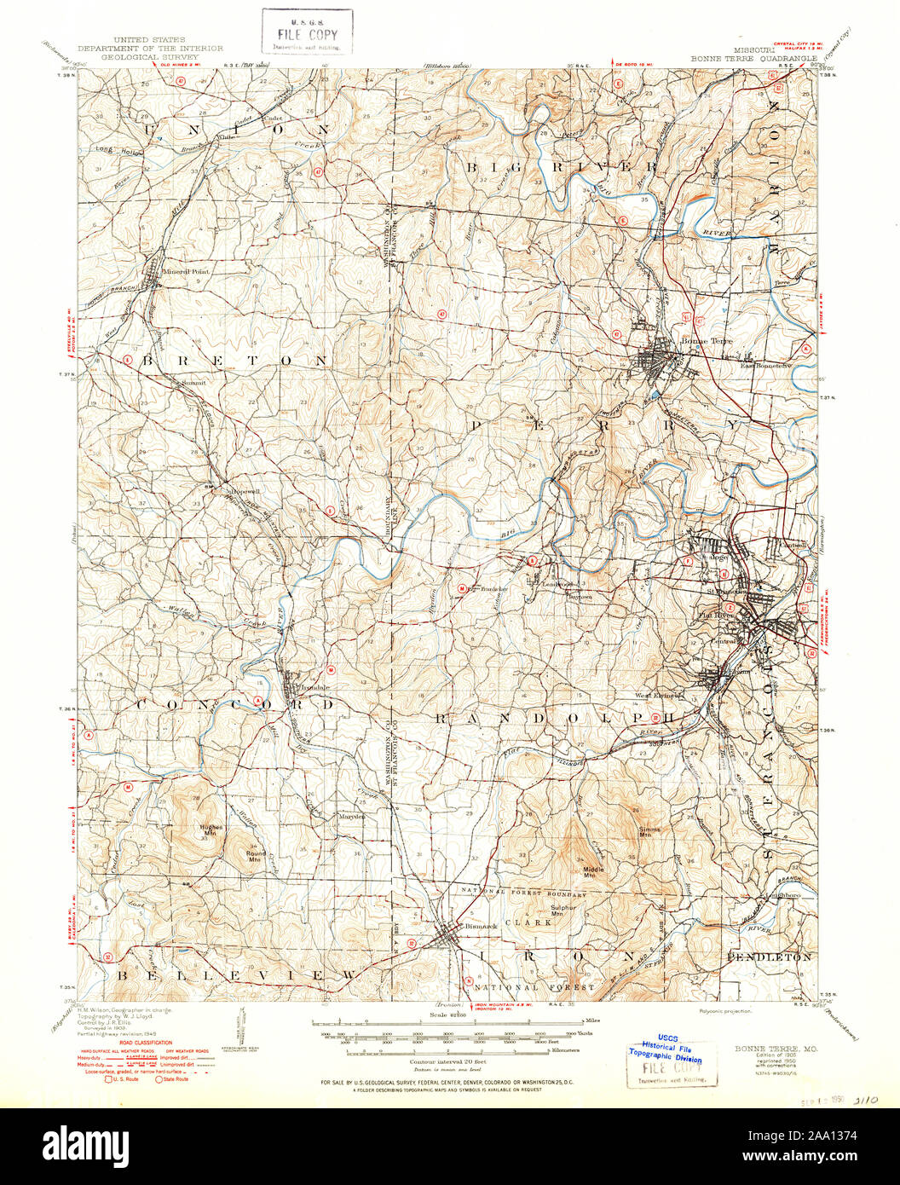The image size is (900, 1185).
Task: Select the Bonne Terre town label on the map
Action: point(700,342)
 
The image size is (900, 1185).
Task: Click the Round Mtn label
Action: point(256,857)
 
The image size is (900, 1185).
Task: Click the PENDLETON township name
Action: point(770,957)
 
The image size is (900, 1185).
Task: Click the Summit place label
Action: point(193,384)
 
